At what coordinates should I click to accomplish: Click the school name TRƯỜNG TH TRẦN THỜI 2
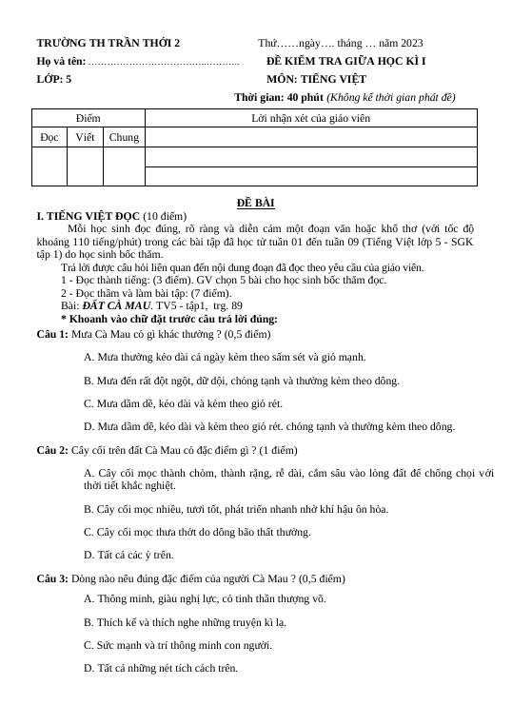click(108, 43)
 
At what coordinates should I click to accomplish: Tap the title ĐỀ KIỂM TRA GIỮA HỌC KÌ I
click(345, 61)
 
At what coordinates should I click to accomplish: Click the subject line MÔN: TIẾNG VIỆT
click(317, 79)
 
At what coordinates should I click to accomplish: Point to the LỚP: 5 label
click(54, 79)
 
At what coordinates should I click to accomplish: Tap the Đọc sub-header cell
click(49, 138)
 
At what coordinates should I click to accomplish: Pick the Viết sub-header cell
click(85, 138)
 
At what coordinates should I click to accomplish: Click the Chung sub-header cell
click(124, 138)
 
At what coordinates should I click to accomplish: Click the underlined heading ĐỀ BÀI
click(256, 203)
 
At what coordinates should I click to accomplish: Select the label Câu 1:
click(52, 335)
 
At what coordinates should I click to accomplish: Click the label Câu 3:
click(52, 577)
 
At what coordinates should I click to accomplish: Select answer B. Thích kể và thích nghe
click(185, 621)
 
